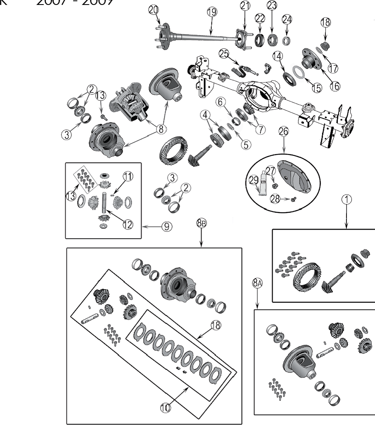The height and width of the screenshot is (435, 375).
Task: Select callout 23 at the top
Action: (272, 5)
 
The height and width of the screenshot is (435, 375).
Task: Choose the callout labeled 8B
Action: (201, 223)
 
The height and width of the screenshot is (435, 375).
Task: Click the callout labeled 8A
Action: (257, 283)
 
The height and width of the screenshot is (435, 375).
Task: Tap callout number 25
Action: (223, 53)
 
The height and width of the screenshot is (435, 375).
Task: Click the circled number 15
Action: (317, 88)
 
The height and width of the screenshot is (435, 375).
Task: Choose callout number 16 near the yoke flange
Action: (335, 86)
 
